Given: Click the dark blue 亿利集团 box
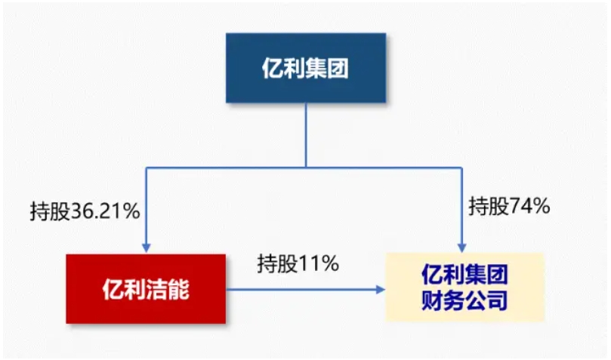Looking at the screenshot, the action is click(306, 68).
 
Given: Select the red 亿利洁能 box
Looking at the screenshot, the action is click(146, 288).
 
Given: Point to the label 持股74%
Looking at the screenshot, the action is click(508, 205).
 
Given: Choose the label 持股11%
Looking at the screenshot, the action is click(298, 264).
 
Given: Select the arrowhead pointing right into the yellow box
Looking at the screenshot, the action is click(380, 288).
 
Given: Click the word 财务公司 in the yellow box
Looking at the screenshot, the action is click(464, 302).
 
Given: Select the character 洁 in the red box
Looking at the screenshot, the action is click(159, 289).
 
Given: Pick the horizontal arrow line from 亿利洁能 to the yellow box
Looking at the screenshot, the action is click(302, 288).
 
